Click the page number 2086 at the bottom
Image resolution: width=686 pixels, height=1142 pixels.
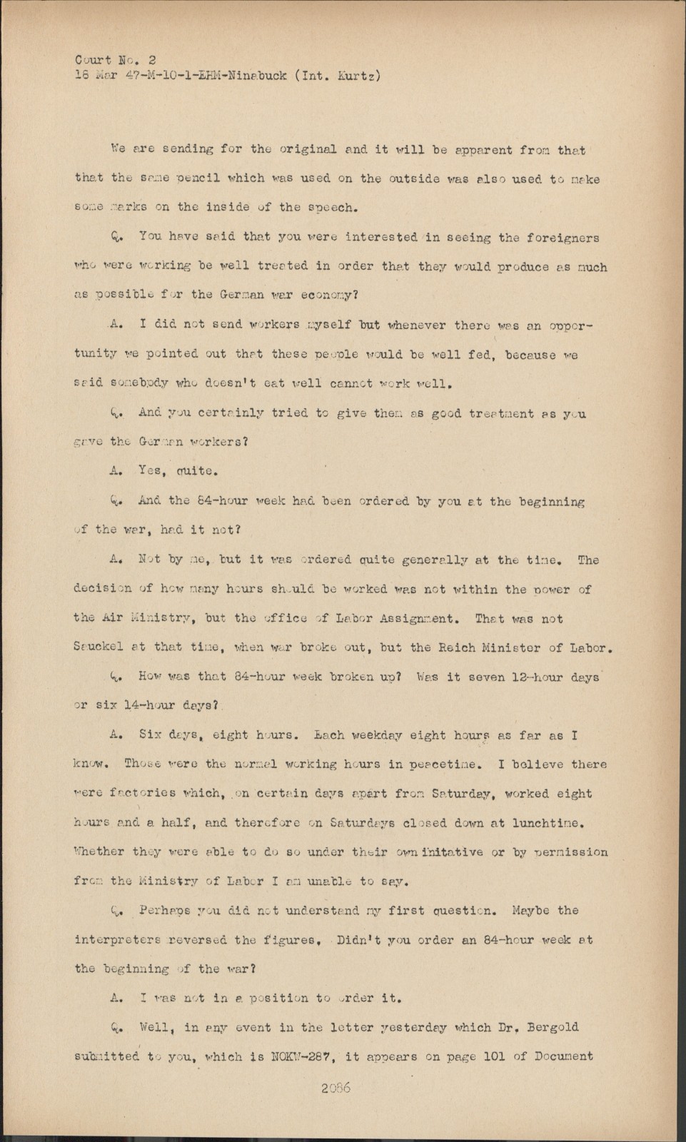336,1088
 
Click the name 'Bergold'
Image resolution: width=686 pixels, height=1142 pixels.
553,1028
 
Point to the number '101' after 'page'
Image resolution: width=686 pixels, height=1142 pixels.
493,1057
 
